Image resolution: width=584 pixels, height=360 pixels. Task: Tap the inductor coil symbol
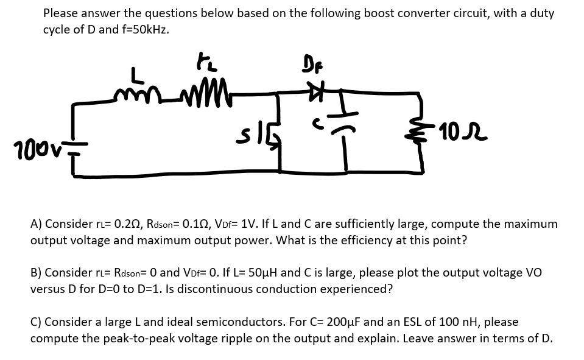pos(139,91)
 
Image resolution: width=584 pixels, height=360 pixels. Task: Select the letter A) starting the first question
pos(36,224)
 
